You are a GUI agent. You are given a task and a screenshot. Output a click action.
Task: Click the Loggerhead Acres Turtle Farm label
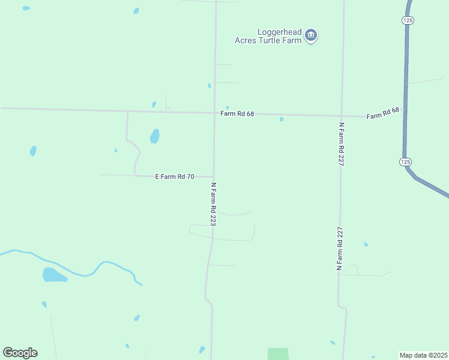[x=268, y=36]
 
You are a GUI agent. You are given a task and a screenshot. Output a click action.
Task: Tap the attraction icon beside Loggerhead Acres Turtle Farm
[x=311, y=36]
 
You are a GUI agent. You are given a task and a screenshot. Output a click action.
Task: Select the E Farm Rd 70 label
[x=175, y=176]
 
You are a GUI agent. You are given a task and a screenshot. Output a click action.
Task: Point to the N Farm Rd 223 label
[x=213, y=204]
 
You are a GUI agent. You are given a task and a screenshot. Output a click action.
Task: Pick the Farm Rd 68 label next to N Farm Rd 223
[x=237, y=113]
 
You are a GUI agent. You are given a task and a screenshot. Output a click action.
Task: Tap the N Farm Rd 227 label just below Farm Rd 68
[x=341, y=145]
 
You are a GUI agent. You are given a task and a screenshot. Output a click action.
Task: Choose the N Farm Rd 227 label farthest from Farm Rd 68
[x=339, y=248]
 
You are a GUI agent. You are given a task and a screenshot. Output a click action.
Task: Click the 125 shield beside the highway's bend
[x=406, y=162]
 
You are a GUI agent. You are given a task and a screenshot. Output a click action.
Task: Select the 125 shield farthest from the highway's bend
[x=408, y=20]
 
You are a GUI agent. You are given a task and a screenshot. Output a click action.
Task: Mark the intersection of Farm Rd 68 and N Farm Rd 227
[x=342, y=116]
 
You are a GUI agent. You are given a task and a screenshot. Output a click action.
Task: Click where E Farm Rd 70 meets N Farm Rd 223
[x=214, y=176]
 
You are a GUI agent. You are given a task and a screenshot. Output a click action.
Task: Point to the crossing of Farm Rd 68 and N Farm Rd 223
[x=214, y=113]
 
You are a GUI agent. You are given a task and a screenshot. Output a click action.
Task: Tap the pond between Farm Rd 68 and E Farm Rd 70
[x=155, y=136]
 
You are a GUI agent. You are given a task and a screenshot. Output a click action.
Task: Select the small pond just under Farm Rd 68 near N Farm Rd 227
[x=281, y=119]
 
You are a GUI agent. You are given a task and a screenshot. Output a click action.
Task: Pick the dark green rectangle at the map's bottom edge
[x=278, y=354]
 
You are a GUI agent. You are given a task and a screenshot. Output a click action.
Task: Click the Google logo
[x=20, y=353]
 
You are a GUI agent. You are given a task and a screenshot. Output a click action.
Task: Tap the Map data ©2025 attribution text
[x=424, y=355]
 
